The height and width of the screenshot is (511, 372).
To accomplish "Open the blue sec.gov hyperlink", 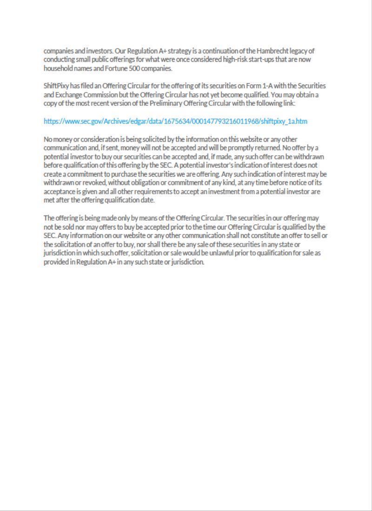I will tap(175, 121).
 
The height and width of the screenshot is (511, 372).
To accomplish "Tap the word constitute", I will tap(261, 236).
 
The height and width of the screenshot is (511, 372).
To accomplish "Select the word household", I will tap(58, 68).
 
